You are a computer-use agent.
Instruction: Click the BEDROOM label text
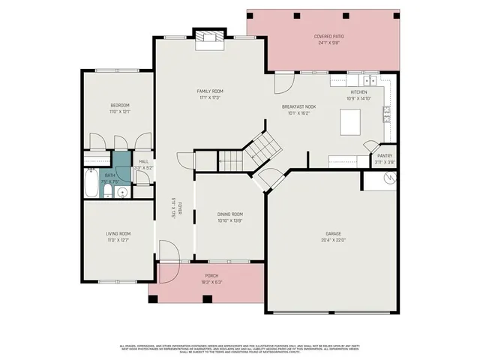(x=120, y=105)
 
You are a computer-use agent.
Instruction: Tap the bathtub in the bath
(x=90, y=184)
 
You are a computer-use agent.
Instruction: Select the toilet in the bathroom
(x=108, y=193)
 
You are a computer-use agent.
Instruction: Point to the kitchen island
(x=350, y=121)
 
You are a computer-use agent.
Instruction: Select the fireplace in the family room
(x=208, y=39)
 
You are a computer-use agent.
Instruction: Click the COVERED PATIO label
(x=328, y=36)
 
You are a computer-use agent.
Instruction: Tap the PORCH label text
(x=206, y=275)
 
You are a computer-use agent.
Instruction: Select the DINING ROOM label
(x=229, y=214)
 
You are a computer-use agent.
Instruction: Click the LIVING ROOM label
(x=118, y=233)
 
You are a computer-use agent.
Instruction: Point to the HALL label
(x=143, y=162)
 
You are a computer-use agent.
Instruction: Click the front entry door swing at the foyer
(x=166, y=251)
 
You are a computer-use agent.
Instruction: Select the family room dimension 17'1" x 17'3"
(x=210, y=97)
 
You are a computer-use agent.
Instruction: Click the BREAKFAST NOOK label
(x=298, y=106)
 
